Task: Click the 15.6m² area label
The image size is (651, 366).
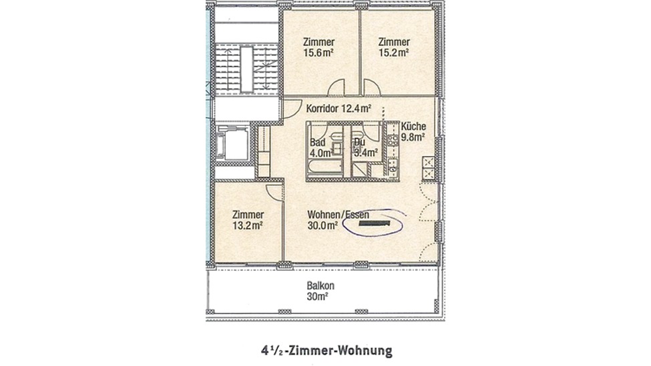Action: pyautogui.click(x=319, y=53)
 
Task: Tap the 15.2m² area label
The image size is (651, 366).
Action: pyautogui.click(x=393, y=53)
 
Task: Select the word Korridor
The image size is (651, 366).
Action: pyautogui.click(x=322, y=109)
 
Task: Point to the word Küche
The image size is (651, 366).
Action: pyautogui.click(x=413, y=127)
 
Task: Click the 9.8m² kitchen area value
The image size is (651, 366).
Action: pyautogui.click(x=413, y=137)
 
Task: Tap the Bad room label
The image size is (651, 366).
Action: pyautogui.click(x=318, y=143)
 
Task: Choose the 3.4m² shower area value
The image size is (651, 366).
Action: pyautogui.click(x=366, y=153)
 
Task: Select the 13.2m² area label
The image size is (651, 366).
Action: pyautogui.click(x=248, y=225)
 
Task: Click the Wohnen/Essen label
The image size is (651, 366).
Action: pyautogui.click(x=338, y=215)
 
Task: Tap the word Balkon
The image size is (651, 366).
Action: pyautogui.click(x=320, y=286)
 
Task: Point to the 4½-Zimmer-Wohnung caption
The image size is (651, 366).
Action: pyautogui.click(x=327, y=351)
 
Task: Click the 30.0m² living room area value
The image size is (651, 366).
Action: pyautogui.click(x=322, y=225)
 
